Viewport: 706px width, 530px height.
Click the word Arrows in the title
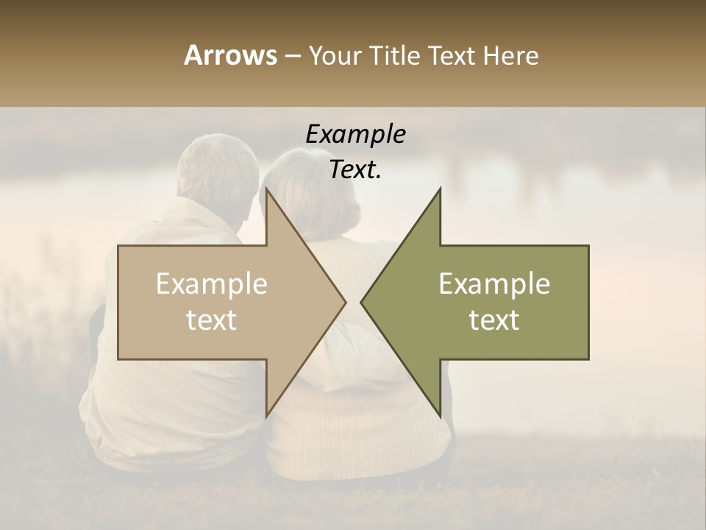[x=231, y=55]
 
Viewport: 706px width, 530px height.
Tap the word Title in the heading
[x=393, y=55]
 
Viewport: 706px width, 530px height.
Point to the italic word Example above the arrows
[x=355, y=135]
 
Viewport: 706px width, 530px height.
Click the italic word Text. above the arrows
[x=355, y=169]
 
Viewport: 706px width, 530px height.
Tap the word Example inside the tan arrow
[x=212, y=284]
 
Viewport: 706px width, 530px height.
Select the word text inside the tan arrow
[x=212, y=319]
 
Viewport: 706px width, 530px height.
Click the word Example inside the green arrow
[x=494, y=284]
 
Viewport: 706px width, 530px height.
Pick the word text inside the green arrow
[x=494, y=319]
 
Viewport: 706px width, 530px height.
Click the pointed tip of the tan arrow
[x=344, y=302]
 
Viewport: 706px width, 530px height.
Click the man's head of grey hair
[x=218, y=169]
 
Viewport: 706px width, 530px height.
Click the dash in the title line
[x=292, y=57]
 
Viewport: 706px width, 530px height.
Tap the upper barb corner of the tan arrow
[x=266, y=189]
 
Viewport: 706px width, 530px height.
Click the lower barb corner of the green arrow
[x=440, y=416]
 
